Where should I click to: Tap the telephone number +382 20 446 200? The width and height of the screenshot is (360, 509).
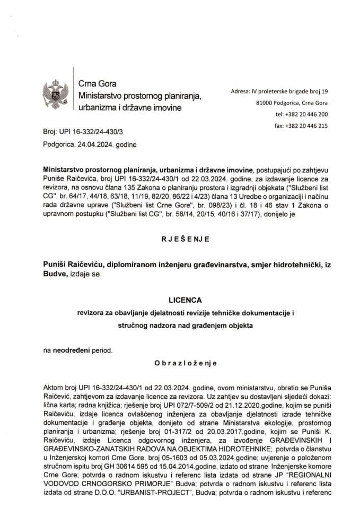pos(309,114)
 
